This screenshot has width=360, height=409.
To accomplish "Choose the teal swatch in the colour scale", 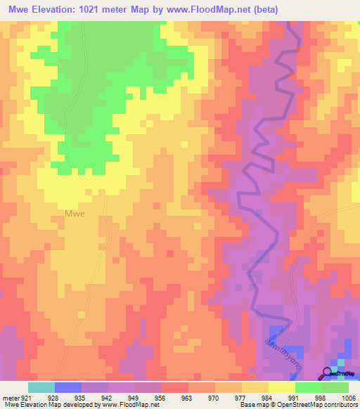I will click(x=41, y=388).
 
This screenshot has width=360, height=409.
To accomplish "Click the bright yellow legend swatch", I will click(x=281, y=388).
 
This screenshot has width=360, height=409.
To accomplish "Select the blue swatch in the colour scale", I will click(x=68, y=388).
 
